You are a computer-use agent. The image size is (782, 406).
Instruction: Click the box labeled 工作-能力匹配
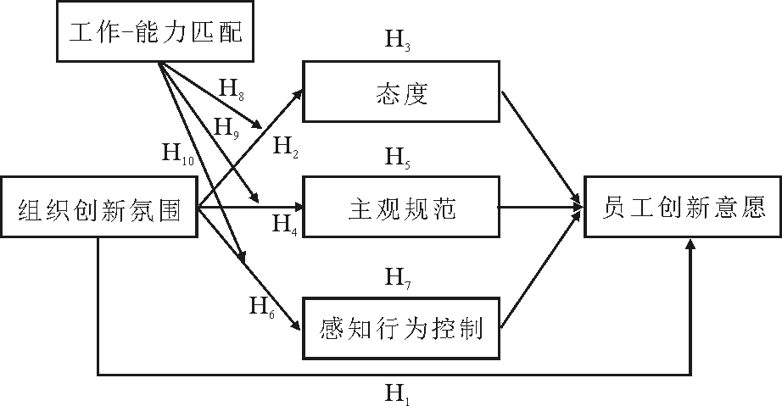[155, 33]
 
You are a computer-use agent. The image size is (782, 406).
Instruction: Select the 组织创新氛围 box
[99, 207]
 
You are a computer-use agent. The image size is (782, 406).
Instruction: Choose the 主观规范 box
[401, 207]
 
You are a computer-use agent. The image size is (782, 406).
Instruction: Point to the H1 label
[397, 392]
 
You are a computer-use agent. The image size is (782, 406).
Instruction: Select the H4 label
[284, 225]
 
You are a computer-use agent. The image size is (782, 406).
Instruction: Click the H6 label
[261, 306]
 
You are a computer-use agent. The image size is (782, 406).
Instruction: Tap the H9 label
[226, 127]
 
